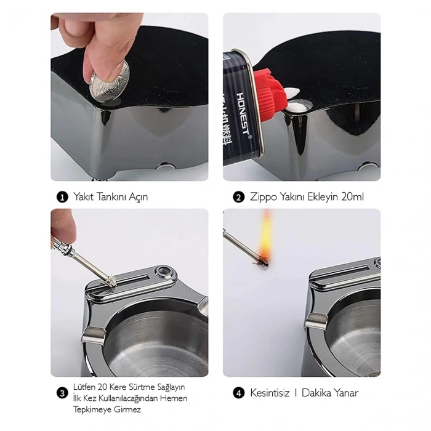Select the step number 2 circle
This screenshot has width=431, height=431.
(238, 198)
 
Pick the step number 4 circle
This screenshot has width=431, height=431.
(238, 392)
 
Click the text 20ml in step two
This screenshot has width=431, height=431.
(354, 198)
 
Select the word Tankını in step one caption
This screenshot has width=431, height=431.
(113, 198)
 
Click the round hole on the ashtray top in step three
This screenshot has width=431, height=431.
(164, 270)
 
